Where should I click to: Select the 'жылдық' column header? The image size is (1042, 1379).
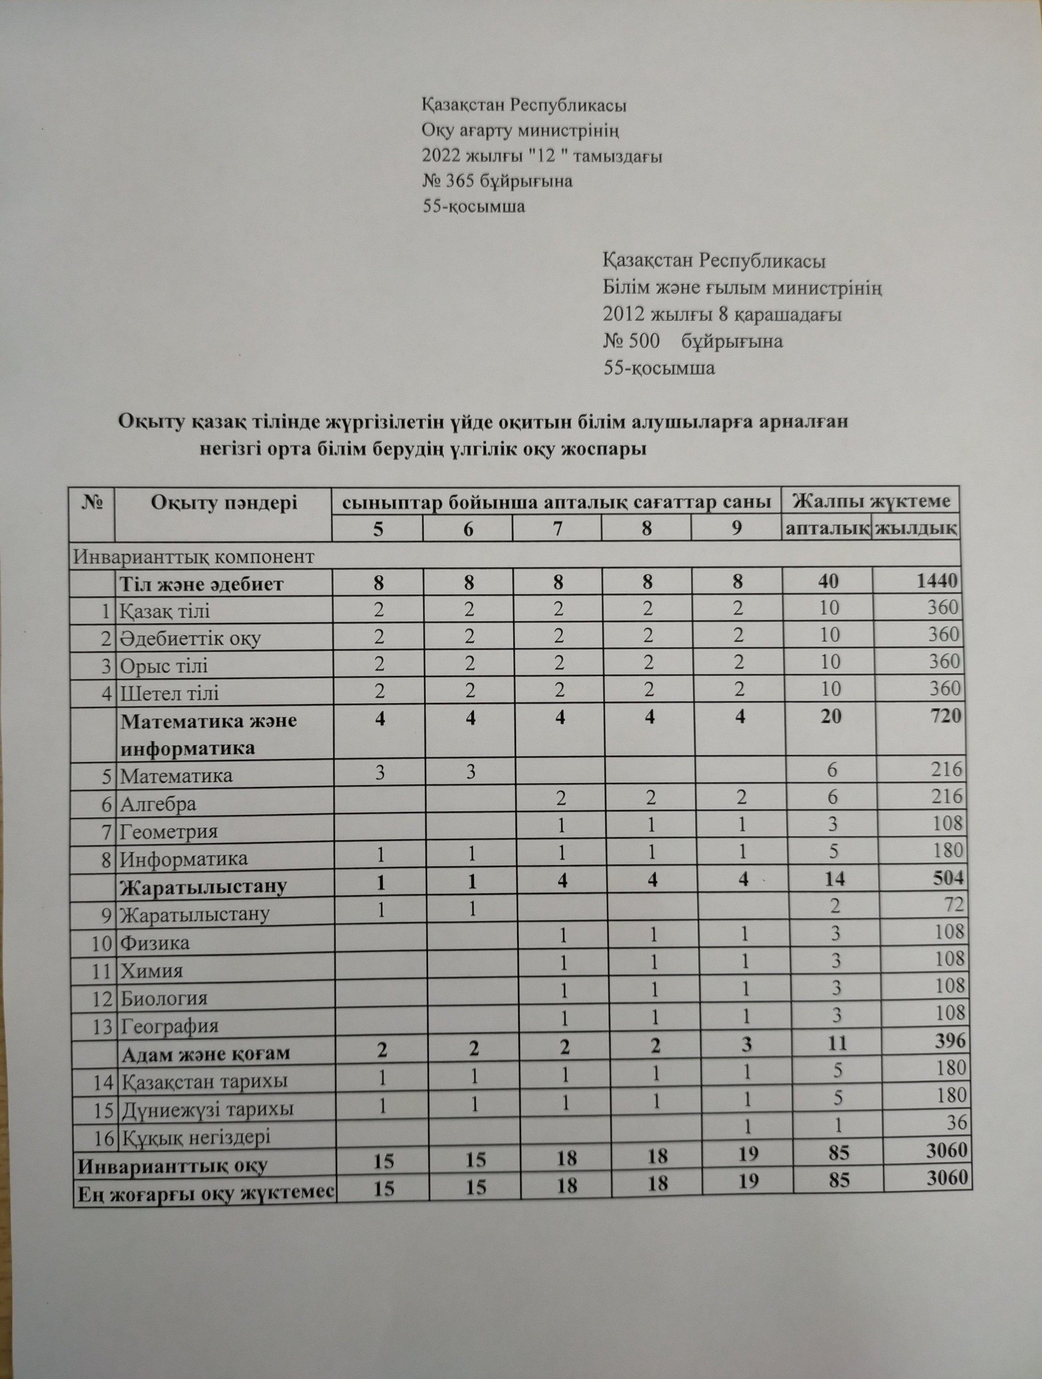915,529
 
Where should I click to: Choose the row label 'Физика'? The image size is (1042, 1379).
155,942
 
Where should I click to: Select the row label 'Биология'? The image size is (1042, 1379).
163,998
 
